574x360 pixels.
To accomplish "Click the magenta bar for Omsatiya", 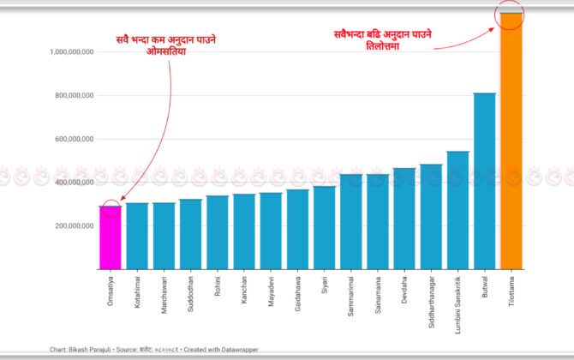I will (x=111, y=237).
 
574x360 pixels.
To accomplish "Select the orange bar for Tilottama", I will (x=511, y=141).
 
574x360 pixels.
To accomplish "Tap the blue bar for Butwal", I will (x=485, y=181).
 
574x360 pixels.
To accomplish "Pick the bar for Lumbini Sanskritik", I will (x=458, y=210).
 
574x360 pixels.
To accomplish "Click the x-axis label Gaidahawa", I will (x=298, y=291).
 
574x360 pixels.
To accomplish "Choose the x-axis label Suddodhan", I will (x=191, y=291).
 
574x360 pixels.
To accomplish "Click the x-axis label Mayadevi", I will (x=272, y=289).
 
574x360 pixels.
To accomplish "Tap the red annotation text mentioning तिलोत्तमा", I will (x=383, y=40).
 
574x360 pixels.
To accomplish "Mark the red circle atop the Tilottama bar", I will (x=511, y=13).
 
